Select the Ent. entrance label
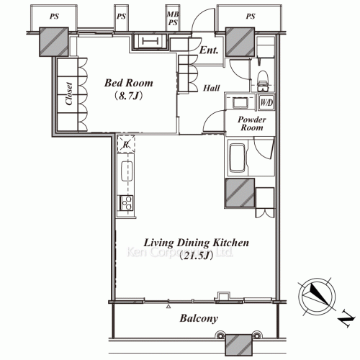click(209, 50)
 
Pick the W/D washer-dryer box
click(266, 102)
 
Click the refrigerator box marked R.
click(127, 144)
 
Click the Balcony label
click(199, 318)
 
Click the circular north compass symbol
click(317, 293)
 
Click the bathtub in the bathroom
click(238, 156)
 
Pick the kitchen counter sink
click(127, 172)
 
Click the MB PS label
click(173, 17)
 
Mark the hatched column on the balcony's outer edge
click(238, 344)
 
